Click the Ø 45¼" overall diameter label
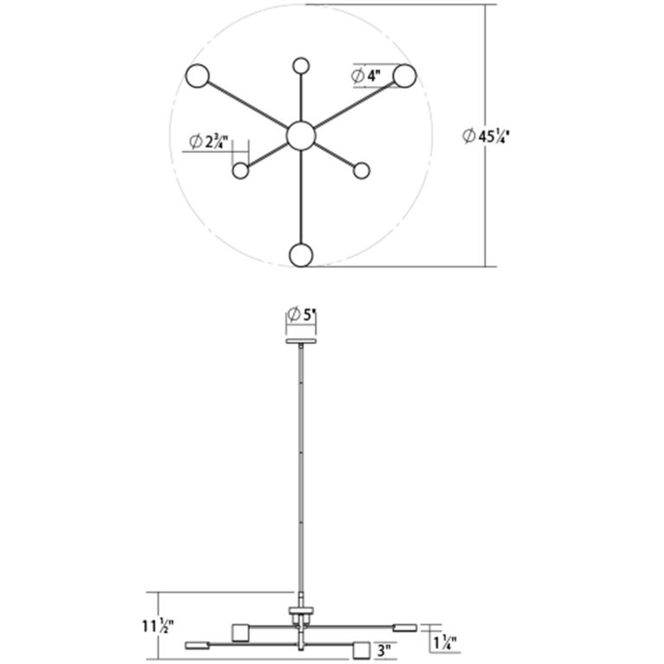[x=485, y=137]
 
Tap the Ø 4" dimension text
[x=367, y=76]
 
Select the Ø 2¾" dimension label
[x=208, y=142]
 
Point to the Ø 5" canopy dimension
[x=302, y=315]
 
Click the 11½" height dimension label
[x=158, y=625]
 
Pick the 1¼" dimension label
[x=444, y=643]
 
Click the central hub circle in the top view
[x=301, y=136]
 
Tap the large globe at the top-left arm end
[x=197, y=76]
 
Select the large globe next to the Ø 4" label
[x=405, y=76]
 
